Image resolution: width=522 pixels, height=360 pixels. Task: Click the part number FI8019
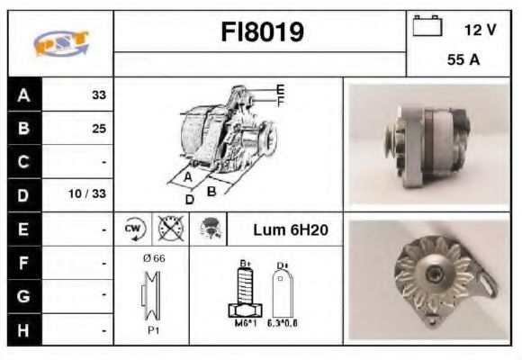[262, 32]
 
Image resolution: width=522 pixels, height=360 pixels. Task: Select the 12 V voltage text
[480, 30]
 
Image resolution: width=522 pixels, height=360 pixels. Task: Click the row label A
[23, 94]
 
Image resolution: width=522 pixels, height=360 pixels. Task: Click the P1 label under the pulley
[152, 330]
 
